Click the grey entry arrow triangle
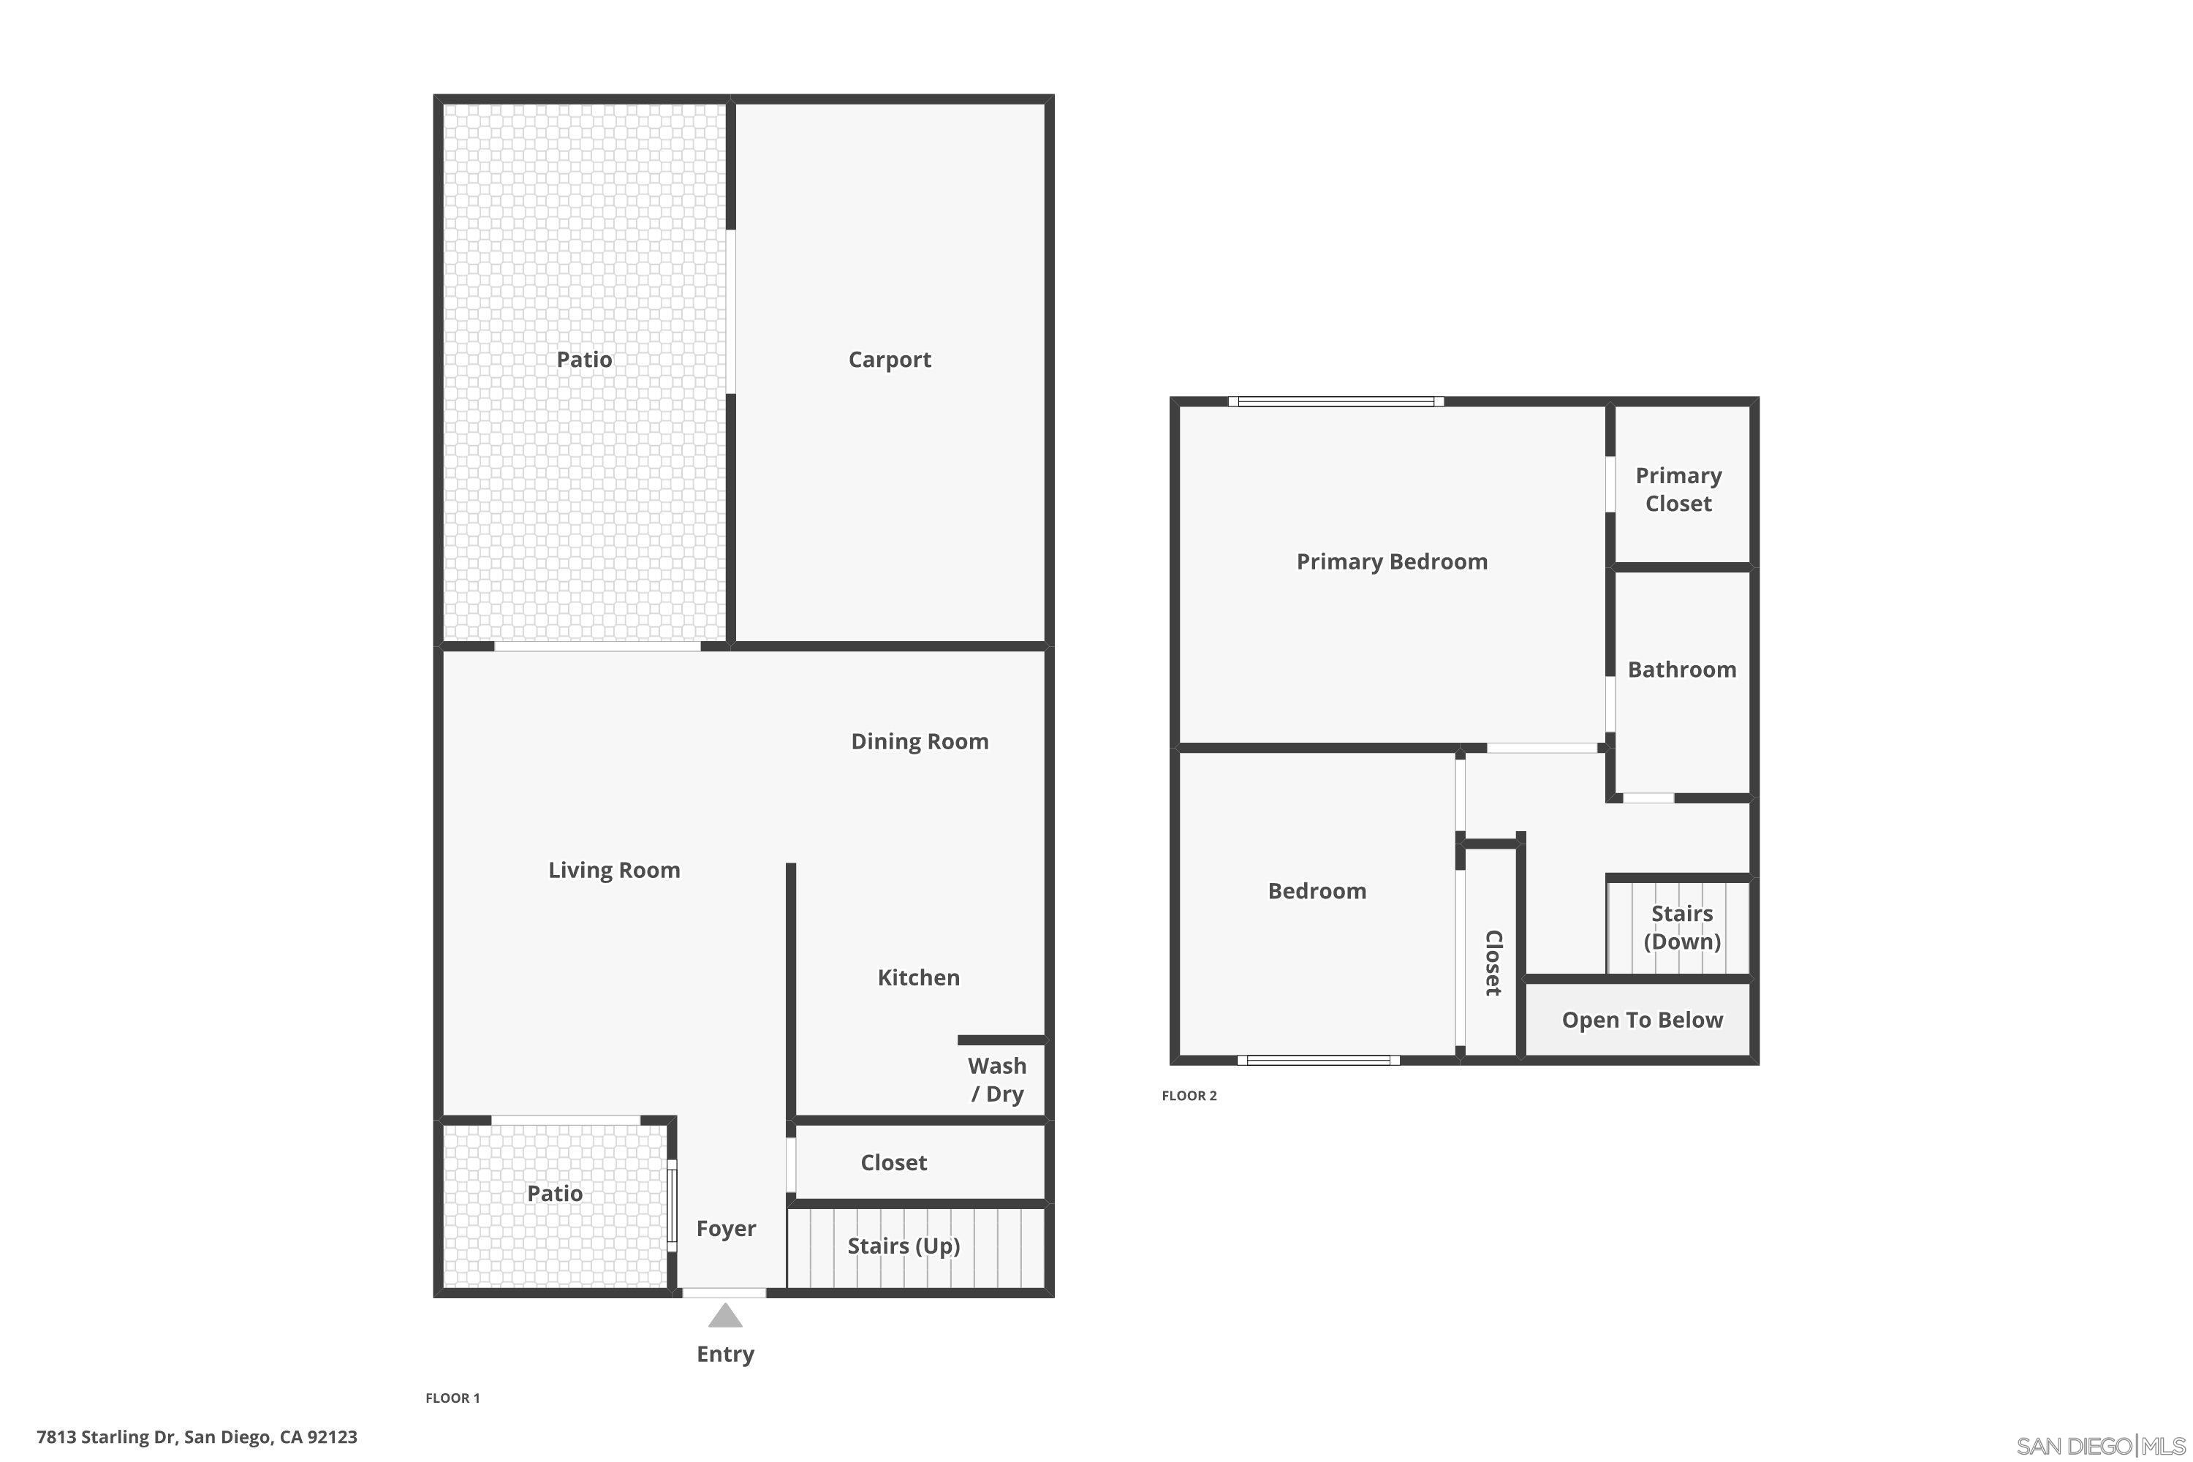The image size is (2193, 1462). click(x=724, y=1316)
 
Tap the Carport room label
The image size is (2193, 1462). click(x=890, y=360)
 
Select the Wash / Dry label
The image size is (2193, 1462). click(x=997, y=1079)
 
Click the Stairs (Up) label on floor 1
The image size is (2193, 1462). click(x=903, y=1246)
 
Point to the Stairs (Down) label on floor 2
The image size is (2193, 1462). click(x=1682, y=927)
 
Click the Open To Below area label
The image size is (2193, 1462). click(x=1642, y=1020)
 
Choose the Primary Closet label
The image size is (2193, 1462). click(x=1678, y=490)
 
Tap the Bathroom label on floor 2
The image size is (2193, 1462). click(x=1682, y=670)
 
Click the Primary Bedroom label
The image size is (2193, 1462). click(x=1391, y=561)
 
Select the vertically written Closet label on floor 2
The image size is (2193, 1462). click(x=1493, y=963)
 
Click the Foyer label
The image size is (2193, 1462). click(x=725, y=1229)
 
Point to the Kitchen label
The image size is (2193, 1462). click(x=918, y=977)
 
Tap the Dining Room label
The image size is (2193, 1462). click(x=920, y=741)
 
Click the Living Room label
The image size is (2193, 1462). click(x=613, y=870)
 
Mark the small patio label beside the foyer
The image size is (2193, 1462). click(x=554, y=1194)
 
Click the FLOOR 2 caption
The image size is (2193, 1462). click(x=1189, y=1096)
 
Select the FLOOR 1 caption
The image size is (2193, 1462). click(x=452, y=1398)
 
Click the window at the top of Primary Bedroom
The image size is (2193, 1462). click(x=1336, y=402)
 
